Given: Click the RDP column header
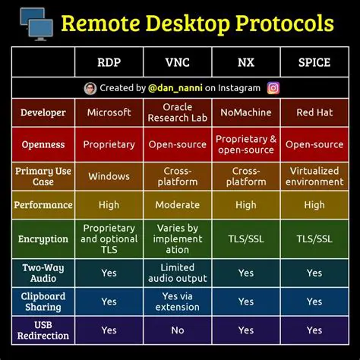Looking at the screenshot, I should [x=109, y=62].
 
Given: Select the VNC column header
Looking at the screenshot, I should [x=177, y=62].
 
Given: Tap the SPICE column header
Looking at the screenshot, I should [x=314, y=62].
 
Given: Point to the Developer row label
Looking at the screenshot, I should [x=43, y=112].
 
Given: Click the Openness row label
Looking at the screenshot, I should [x=43, y=144].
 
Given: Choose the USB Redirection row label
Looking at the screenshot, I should [x=43, y=330].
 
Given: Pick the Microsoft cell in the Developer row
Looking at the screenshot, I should [x=109, y=112].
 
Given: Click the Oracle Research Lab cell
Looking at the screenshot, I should [x=177, y=112].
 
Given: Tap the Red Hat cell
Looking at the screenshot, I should [x=314, y=112].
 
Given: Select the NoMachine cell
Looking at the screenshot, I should [x=246, y=112].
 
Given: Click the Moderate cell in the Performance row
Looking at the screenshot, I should [x=177, y=205].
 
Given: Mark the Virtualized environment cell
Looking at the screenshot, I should [x=314, y=176].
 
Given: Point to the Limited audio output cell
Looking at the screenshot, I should [x=177, y=273].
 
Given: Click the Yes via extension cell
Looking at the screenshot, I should [x=177, y=302].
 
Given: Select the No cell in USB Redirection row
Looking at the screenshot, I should [x=177, y=330].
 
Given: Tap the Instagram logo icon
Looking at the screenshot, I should [x=273, y=87].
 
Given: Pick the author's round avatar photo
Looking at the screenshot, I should [x=90, y=87].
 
